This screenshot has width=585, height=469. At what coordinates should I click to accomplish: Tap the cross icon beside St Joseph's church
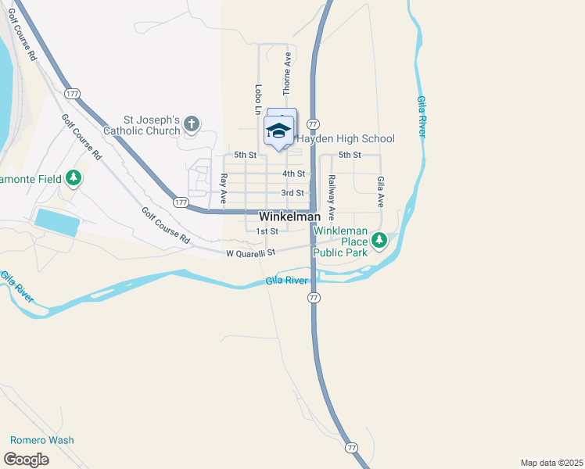coord(192,124)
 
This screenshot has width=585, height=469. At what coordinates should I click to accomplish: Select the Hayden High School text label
coord(345,138)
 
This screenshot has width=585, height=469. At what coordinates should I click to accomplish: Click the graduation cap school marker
coord(279,130)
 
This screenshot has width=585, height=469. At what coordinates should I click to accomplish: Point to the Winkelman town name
coord(289,217)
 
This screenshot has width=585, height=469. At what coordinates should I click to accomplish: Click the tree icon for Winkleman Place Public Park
coord(379,240)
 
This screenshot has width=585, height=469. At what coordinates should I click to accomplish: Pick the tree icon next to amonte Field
coord(74,179)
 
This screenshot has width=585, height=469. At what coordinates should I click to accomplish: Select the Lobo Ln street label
coord(257,99)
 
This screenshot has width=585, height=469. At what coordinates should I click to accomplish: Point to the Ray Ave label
coord(223,189)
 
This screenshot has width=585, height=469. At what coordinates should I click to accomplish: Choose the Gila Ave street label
coord(380,191)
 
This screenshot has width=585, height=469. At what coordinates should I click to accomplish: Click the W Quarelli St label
coord(252,253)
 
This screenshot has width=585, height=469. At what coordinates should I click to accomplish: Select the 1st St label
coord(267,231)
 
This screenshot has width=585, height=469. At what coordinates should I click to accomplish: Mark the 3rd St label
coord(292,193)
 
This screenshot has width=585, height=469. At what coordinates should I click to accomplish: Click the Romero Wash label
coord(41,440)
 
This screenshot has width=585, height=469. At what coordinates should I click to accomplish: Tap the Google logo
coord(26,460)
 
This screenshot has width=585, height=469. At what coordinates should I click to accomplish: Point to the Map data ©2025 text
coord(551,463)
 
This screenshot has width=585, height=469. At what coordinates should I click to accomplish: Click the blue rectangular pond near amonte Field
coord(57,223)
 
